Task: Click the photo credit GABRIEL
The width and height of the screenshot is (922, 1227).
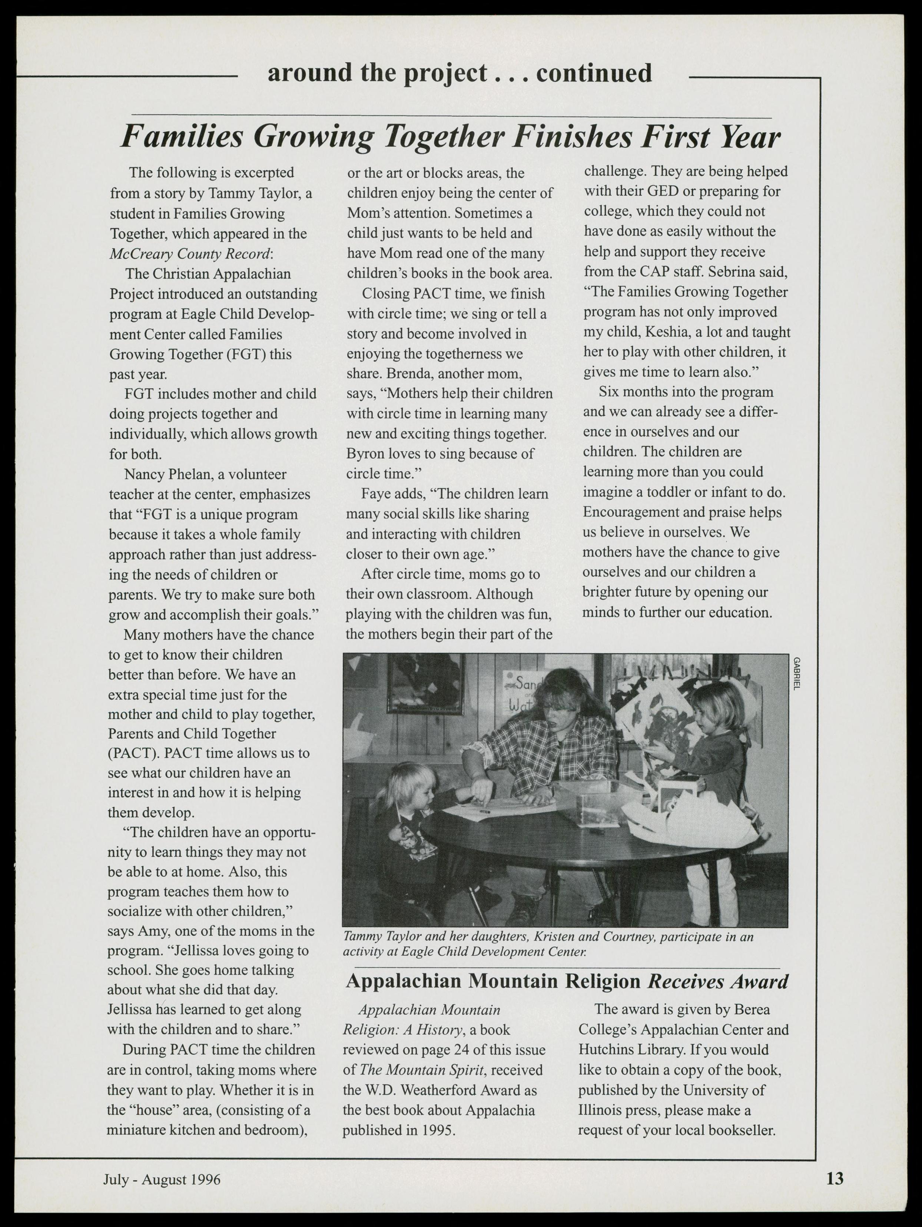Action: (x=797, y=673)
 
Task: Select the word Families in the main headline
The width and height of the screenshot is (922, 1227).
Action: (x=182, y=136)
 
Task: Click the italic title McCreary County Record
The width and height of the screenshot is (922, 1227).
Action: (x=190, y=253)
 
